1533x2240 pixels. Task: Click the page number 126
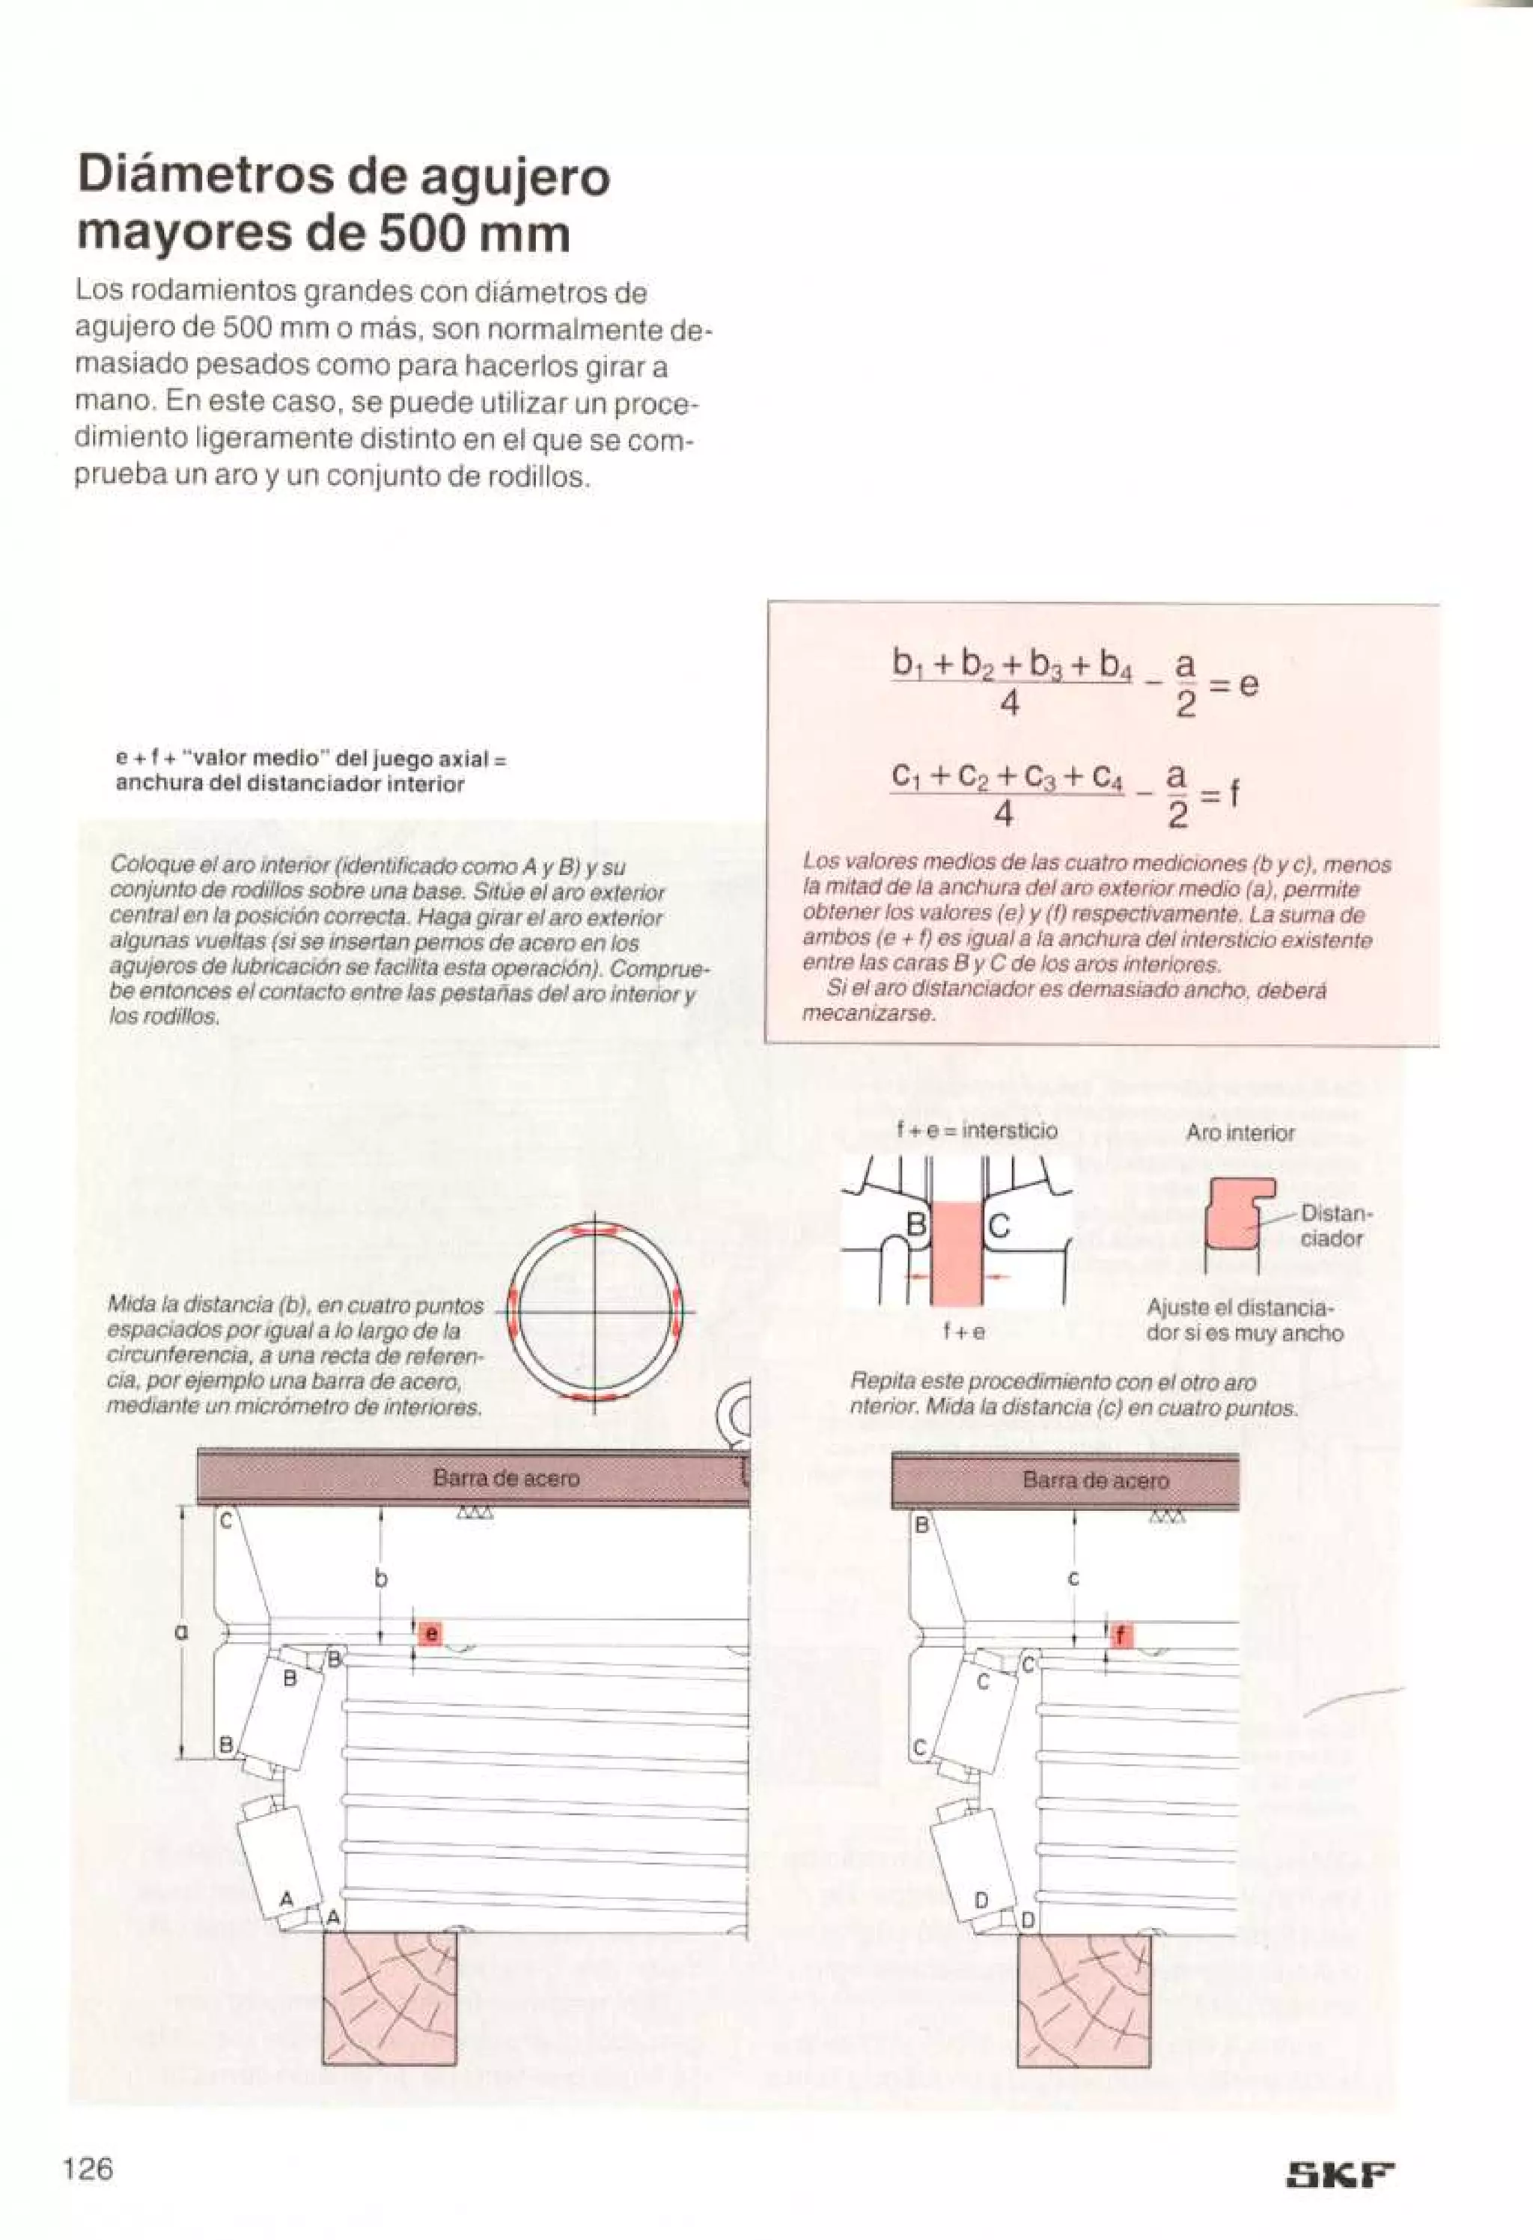click(x=88, y=2170)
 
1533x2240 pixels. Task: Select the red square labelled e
click(x=430, y=1634)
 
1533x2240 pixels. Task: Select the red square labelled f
click(x=1121, y=1636)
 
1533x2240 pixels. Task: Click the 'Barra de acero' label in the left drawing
click(x=506, y=1477)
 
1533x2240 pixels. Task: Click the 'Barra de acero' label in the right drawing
click(x=1095, y=1480)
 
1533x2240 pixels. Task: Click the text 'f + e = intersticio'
click(x=977, y=1129)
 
